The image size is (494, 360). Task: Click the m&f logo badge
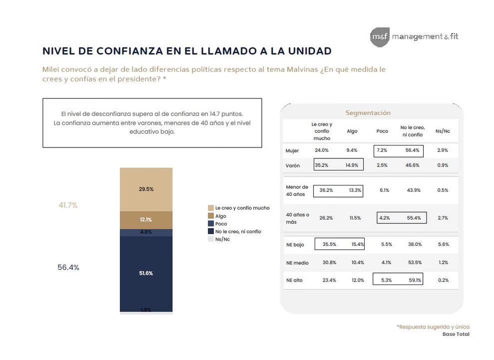380,37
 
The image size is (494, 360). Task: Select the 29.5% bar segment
146,189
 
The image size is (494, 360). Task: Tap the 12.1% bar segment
146,220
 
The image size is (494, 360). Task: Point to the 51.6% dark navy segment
146,273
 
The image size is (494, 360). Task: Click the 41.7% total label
68,205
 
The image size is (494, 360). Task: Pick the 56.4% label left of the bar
68,267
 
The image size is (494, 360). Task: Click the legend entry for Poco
217,224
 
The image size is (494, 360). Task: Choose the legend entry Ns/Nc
219,239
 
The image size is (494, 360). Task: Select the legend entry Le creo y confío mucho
239,208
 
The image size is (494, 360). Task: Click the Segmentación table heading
368,113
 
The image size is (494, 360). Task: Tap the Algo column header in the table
352,131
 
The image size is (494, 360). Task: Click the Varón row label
293,165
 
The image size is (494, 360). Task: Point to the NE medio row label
297,263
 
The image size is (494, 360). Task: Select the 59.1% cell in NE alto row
415,280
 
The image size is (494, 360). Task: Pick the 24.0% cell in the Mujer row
322,150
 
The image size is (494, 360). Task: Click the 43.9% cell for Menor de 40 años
414,190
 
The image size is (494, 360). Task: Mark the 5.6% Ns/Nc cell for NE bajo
443,244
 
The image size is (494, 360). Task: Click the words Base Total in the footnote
456,334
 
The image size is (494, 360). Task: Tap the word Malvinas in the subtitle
302,69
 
